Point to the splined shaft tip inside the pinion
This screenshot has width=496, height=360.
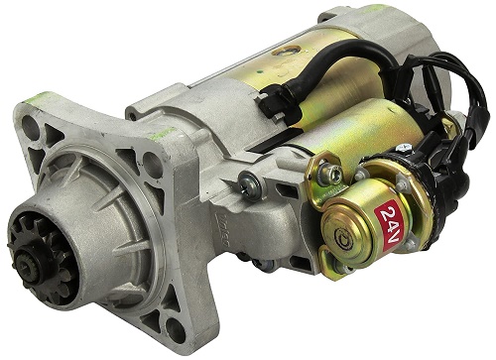pos(27,264)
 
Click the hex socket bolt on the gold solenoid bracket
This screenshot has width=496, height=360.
pos(331,171)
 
